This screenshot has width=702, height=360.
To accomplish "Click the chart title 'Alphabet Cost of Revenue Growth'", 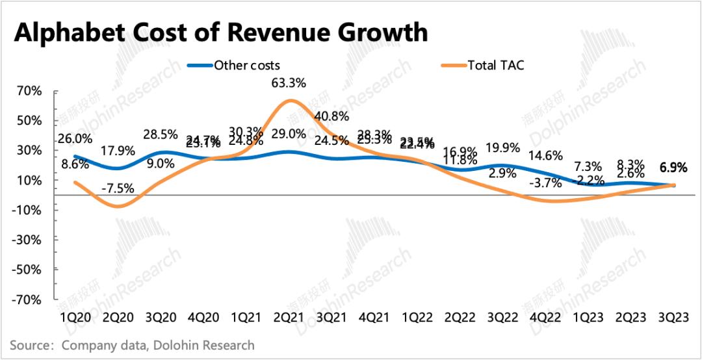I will tap(221, 32).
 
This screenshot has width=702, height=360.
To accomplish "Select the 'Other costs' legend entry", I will tap(247, 66).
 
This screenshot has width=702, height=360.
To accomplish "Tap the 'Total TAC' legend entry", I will tap(493, 66).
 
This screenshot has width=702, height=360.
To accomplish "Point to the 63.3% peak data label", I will tap(290, 83).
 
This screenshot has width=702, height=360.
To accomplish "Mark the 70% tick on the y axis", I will tap(31, 91).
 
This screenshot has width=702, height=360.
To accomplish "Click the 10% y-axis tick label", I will tap(31, 180).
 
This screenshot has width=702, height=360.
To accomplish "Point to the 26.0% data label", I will tap(75, 138).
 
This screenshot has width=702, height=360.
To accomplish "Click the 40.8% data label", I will tap(332, 116).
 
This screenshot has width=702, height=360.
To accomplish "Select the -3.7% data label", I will tap(543, 183).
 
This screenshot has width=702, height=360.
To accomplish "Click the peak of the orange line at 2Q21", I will tap(290, 100).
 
